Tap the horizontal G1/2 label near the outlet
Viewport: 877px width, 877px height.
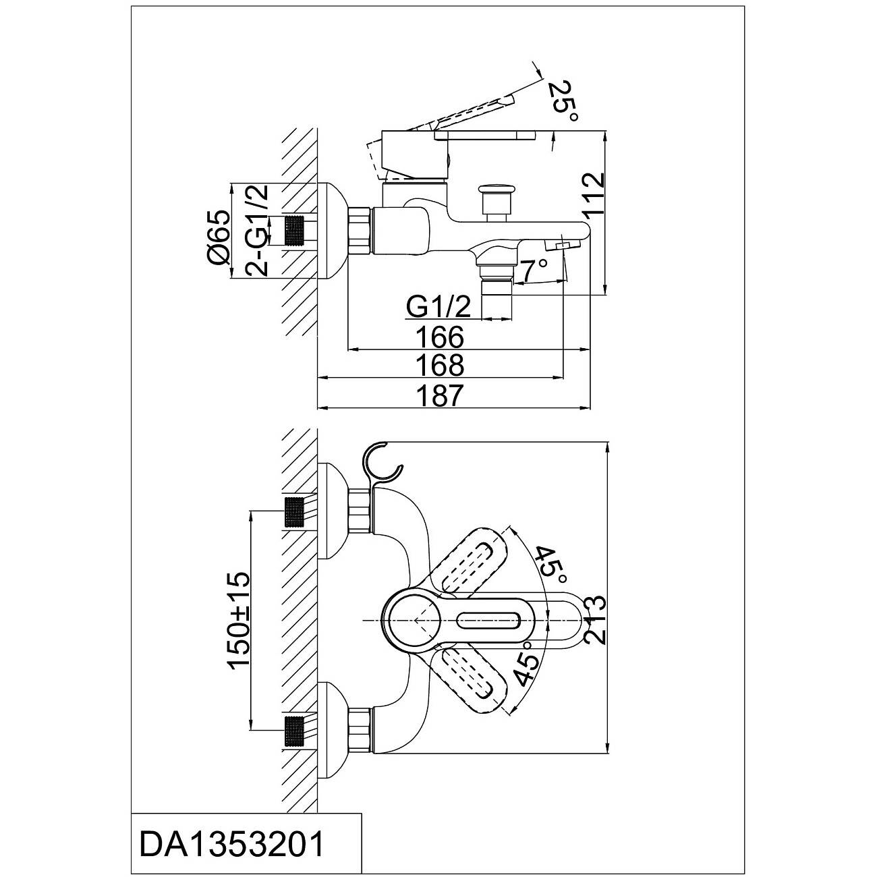[438, 307]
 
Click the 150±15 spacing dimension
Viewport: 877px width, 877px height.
[239, 621]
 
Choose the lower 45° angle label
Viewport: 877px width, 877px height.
[527, 664]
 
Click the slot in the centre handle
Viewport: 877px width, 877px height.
[488, 620]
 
